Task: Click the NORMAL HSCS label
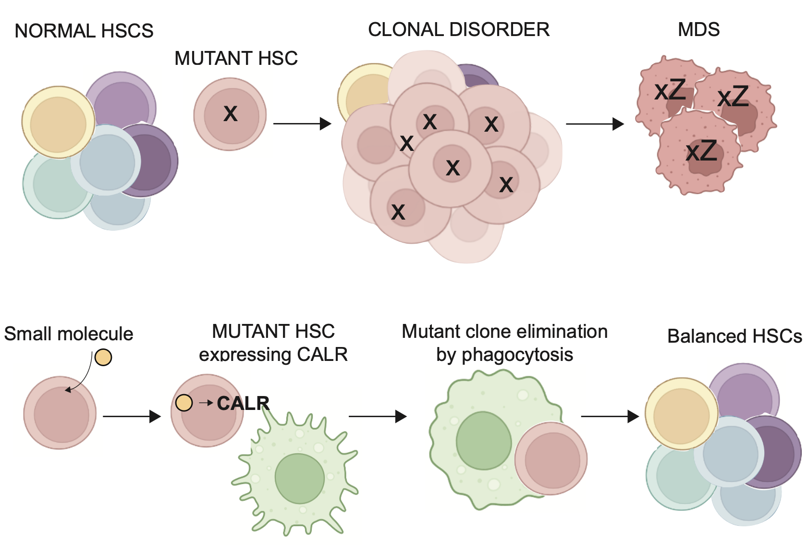pyautogui.click(x=84, y=31)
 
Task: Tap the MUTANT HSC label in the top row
pyautogui.click(x=236, y=59)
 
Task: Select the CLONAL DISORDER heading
pyautogui.click(x=459, y=30)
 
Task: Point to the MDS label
pyautogui.click(x=698, y=30)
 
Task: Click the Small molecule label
pyautogui.click(x=69, y=334)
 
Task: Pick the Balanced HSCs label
pyautogui.click(x=735, y=336)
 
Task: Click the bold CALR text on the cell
pyautogui.click(x=243, y=403)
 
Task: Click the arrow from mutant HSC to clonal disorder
pyautogui.click(x=302, y=124)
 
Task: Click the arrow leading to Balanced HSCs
pyautogui.click(x=610, y=416)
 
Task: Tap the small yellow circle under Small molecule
pyautogui.click(x=103, y=357)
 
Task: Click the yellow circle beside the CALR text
pyautogui.click(x=184, y=403)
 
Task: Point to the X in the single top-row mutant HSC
pyautogui.click(x=231, y=114)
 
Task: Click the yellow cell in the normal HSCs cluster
pyautogui.click(x=58, y=123)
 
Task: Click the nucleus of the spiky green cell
pyautogui.click(x=300, y=478)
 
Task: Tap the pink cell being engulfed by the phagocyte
pyautogui.click(x=551, y=459)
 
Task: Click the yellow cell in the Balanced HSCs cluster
pyautogui.click(x=681, y=414)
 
